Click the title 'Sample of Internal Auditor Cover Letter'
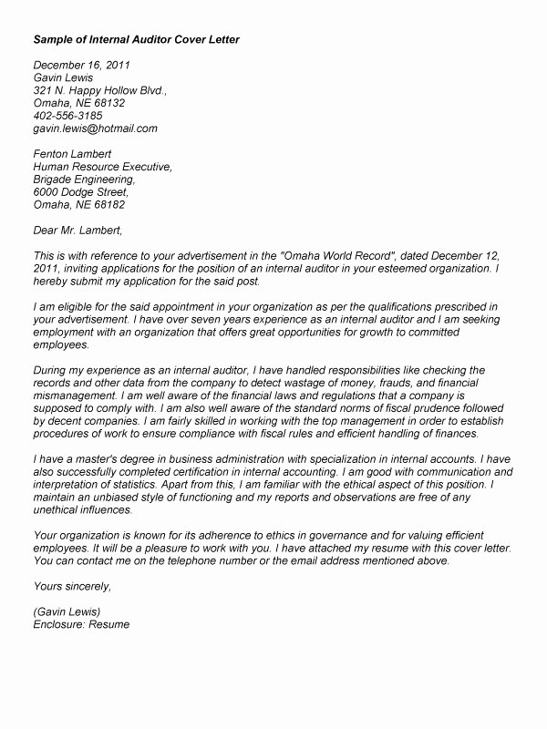[137, 41]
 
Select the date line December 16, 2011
[82, 65]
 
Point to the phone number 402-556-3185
[67, 116]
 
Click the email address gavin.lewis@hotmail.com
[96, 128]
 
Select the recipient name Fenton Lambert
[72, 154]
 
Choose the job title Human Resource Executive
[102, 167]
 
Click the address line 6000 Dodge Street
[81, 192]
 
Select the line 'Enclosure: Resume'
[82, 626]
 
